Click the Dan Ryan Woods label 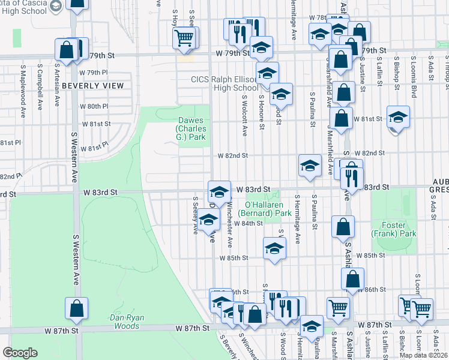(125, 322)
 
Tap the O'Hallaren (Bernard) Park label (265, 208)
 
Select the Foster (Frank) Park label (393, 229)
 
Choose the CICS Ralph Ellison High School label (224, 83)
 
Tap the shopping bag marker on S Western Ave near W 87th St (77, 308)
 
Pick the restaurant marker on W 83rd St (352, 178)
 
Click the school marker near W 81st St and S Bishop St (398, 118)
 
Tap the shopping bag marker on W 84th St (343, 227)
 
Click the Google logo (20, 353)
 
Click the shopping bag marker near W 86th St (352, 278)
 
